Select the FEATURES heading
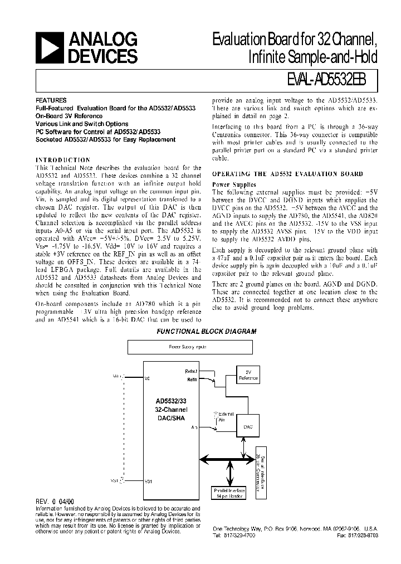[x=51, y=100]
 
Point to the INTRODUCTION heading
[x=62, y=159]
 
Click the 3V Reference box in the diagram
[x=248, y=375]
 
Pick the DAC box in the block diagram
[x=248, y=425]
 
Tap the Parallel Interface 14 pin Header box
[x=228, y=493]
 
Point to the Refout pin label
[x=190, y=371]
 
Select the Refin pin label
[x=192, y=378]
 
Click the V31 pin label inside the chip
[x=148, y=481]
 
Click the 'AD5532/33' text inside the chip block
[x=172, y=401]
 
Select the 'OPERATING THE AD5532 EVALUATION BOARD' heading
[x=288, y=174]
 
